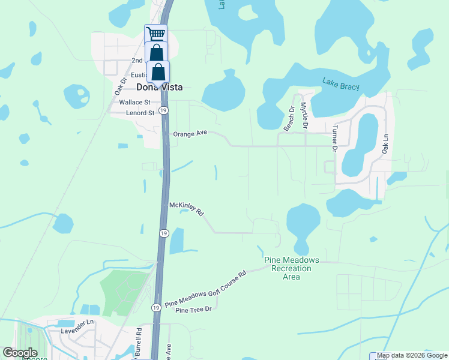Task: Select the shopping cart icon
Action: pos(155,34)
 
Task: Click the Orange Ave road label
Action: pos(190,134)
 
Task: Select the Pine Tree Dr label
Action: pos(194,310)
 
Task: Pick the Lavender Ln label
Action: pos(82,322)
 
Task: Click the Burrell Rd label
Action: pos(139,339)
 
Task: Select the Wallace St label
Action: pos(134,103)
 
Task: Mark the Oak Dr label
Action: pos(120,86)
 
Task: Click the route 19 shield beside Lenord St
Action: pos(164,110)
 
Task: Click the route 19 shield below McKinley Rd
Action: pos(163,233)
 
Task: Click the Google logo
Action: pos(20,353)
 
